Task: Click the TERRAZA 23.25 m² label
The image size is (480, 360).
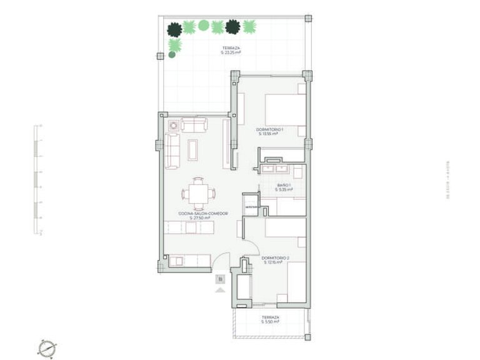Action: (231, 51)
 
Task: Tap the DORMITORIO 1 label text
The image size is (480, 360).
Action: (269, 131)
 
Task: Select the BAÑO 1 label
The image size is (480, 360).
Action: (285, 187)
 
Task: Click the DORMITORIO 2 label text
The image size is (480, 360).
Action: (274, 260)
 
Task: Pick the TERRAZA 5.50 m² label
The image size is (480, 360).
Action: (270, 319)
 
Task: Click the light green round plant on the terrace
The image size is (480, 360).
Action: (204, 26)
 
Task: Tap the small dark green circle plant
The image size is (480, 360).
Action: (172, 55)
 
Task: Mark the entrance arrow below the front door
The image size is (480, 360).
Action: (220, 289)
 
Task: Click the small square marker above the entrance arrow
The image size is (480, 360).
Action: (220, 279)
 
